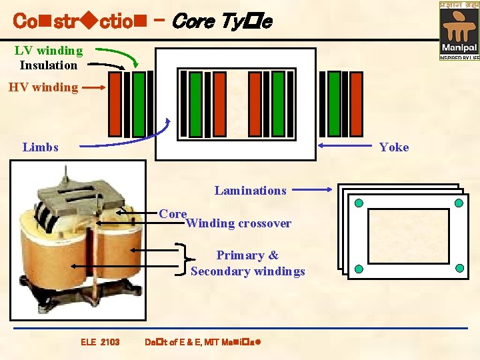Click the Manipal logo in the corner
coord(459,30)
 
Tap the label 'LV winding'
coord(49,51)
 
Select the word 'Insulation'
coord(49,65)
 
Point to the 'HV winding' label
coord(43,87)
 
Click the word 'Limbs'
coord(40,147)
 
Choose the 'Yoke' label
coord(394,147)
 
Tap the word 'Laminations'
coord(250,191)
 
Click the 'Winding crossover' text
coord(239,224)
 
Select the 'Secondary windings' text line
coord(247,271)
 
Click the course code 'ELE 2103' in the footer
coord(100,342)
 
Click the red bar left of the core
coord(115,104)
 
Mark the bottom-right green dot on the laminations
coord(459,269)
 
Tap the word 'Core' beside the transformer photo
coord(173,214)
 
